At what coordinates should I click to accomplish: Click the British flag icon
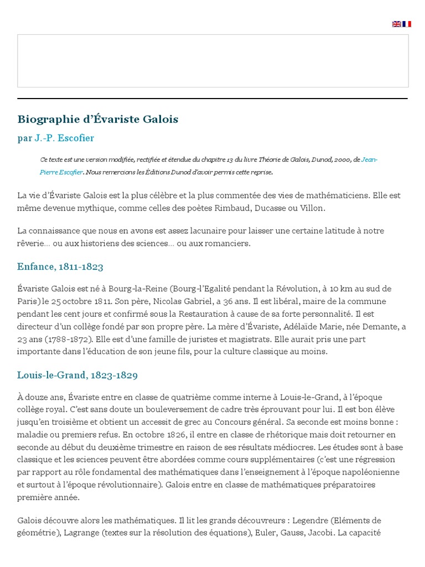[x=396, y=24]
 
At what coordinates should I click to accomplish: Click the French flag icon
[x=407, y=24]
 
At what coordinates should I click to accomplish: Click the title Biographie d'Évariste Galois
[x=98, y=119]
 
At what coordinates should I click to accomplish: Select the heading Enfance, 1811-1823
[x=60, y=266]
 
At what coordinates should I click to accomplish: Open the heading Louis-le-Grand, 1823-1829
[x=77, y=375]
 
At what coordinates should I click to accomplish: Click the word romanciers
[x=229, y=243]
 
